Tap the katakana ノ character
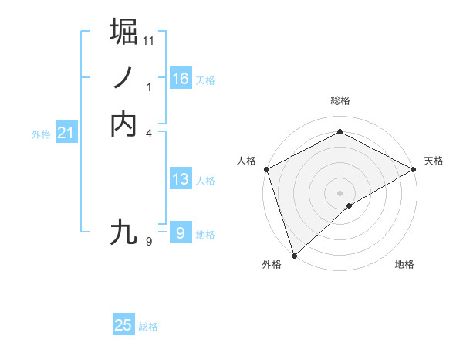click(124, 78)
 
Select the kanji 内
click(124, 124)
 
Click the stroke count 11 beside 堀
click(149, 39)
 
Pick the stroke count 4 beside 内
click(149, 134)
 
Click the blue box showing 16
click(181, 79)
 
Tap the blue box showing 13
click(181, 179)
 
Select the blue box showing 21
click(66, 134)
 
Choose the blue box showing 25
click(123, 325)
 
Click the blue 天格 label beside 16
click(205, 80)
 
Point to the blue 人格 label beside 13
click(205, 181)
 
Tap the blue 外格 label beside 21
click(41, 134)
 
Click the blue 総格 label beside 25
click(148, 327)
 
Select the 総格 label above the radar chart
click(340, 101)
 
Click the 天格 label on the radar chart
click(434, 161)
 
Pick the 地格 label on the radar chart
click(404, 264)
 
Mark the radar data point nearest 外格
click(293, 255)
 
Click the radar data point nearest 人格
click(266, 169)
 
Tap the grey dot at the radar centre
click(340, 192)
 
